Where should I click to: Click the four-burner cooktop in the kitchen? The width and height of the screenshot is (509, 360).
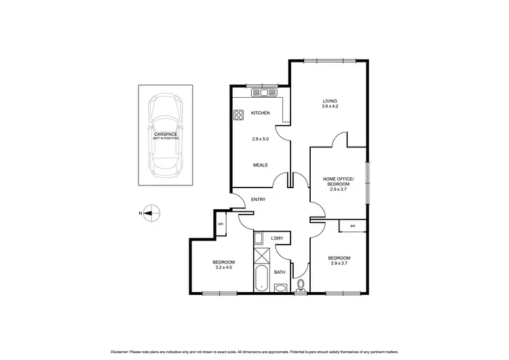click(239, 115)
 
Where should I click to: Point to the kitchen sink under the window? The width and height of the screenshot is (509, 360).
click(262, 92)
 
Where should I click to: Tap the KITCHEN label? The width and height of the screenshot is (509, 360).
click(261, 113)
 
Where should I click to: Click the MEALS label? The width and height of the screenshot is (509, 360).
click(261, 164)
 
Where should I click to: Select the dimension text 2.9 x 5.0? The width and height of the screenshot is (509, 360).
click(261, 139)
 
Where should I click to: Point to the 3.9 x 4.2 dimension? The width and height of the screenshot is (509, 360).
click(330, 107)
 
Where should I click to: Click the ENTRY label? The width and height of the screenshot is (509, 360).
click(259, 199)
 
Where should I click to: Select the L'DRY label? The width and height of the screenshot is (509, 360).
click(277, 238)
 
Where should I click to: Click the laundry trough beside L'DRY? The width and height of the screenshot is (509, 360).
click(259, 238)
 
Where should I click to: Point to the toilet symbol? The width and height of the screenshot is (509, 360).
click(300, 285)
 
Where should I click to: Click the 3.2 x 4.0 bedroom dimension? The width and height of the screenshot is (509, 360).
click(223, 268)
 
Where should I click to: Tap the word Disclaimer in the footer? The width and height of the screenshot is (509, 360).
click(123, 352)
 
